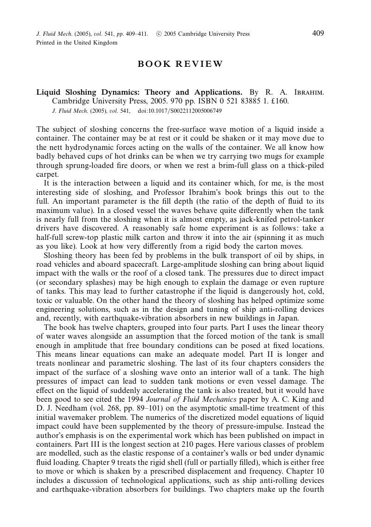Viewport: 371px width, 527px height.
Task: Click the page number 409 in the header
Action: [x=318, y=33]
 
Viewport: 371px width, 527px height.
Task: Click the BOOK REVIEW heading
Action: [x=180, y=64]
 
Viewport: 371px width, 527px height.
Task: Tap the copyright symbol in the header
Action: [x=159, y=33]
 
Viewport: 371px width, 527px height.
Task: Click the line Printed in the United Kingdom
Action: [x=77, y=42]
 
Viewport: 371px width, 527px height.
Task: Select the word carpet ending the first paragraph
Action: [x=47, y=174]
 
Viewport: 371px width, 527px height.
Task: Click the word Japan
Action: [x=288, y=318]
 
